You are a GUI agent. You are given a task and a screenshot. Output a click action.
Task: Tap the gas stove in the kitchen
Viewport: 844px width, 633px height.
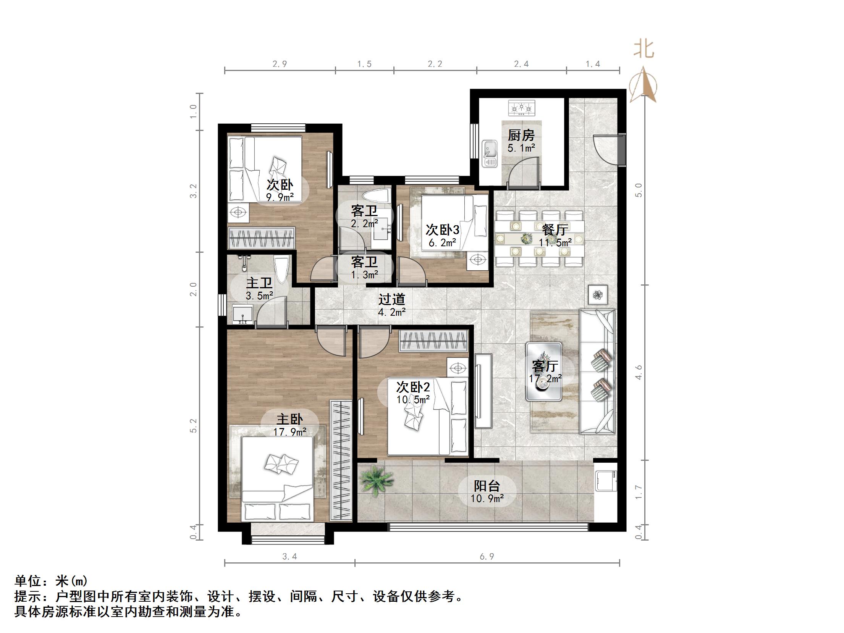point(522,108)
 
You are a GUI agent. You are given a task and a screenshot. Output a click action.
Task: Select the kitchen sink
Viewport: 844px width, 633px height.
point(489,153)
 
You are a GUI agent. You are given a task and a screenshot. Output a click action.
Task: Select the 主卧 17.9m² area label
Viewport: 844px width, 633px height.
point(290,425)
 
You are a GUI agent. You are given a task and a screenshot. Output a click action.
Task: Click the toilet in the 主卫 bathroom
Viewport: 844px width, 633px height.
point(281,270)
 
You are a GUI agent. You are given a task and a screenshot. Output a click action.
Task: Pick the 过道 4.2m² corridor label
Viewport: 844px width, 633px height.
point(392,305)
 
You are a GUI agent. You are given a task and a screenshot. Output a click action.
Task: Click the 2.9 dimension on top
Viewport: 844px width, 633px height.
point(280,64)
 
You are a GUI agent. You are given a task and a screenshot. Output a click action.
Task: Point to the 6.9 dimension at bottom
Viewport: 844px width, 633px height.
point(487,557)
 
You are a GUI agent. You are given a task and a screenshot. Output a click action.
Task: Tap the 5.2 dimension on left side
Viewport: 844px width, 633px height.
point(194,426)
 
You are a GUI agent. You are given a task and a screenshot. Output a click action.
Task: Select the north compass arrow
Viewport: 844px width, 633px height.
point(644,86)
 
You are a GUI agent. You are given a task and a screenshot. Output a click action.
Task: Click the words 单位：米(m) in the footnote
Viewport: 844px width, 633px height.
point(51,581)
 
